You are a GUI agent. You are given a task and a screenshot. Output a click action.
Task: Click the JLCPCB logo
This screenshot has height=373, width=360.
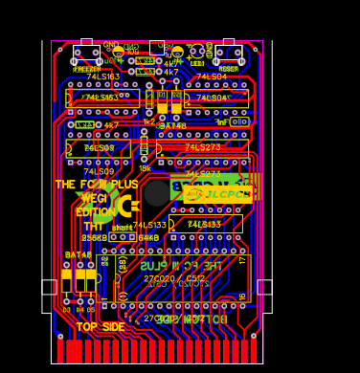[219, 194]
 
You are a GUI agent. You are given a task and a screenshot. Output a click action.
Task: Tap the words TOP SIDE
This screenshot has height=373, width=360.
[101, 327]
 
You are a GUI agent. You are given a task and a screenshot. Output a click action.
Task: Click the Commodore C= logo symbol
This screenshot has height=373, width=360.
[126, 205]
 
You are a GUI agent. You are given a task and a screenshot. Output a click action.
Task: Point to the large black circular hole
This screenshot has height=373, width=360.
[157, 193]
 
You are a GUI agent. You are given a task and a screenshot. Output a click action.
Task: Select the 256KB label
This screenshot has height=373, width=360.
[95, 237]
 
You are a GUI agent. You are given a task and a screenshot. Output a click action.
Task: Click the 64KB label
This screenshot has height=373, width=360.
[148, 237]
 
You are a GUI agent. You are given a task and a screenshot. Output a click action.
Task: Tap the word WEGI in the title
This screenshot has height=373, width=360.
[94, 198]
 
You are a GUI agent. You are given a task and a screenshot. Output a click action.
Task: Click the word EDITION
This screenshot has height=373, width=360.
[95, 212]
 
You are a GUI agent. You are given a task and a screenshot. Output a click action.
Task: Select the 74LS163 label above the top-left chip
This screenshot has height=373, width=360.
[103, 77]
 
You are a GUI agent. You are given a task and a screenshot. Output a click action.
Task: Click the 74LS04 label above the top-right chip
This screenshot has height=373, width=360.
[212, 77]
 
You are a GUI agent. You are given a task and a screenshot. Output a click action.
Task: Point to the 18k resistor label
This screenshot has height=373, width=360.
[145, 168]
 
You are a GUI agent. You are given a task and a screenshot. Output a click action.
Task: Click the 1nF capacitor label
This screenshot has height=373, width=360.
[221, 122]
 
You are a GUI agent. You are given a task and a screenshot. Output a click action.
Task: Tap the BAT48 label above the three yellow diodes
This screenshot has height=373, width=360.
[79, 255]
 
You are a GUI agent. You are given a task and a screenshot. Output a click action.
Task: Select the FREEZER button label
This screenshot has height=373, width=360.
[86, 69]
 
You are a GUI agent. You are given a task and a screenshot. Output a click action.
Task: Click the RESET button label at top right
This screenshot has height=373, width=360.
[228, 69]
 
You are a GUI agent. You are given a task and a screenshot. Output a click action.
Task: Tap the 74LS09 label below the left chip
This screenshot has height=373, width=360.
[99, 172]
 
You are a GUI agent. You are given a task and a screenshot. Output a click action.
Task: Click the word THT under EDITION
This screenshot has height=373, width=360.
[95, 226]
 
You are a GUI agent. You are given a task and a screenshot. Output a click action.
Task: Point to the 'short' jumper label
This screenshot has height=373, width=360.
[122, 228]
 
